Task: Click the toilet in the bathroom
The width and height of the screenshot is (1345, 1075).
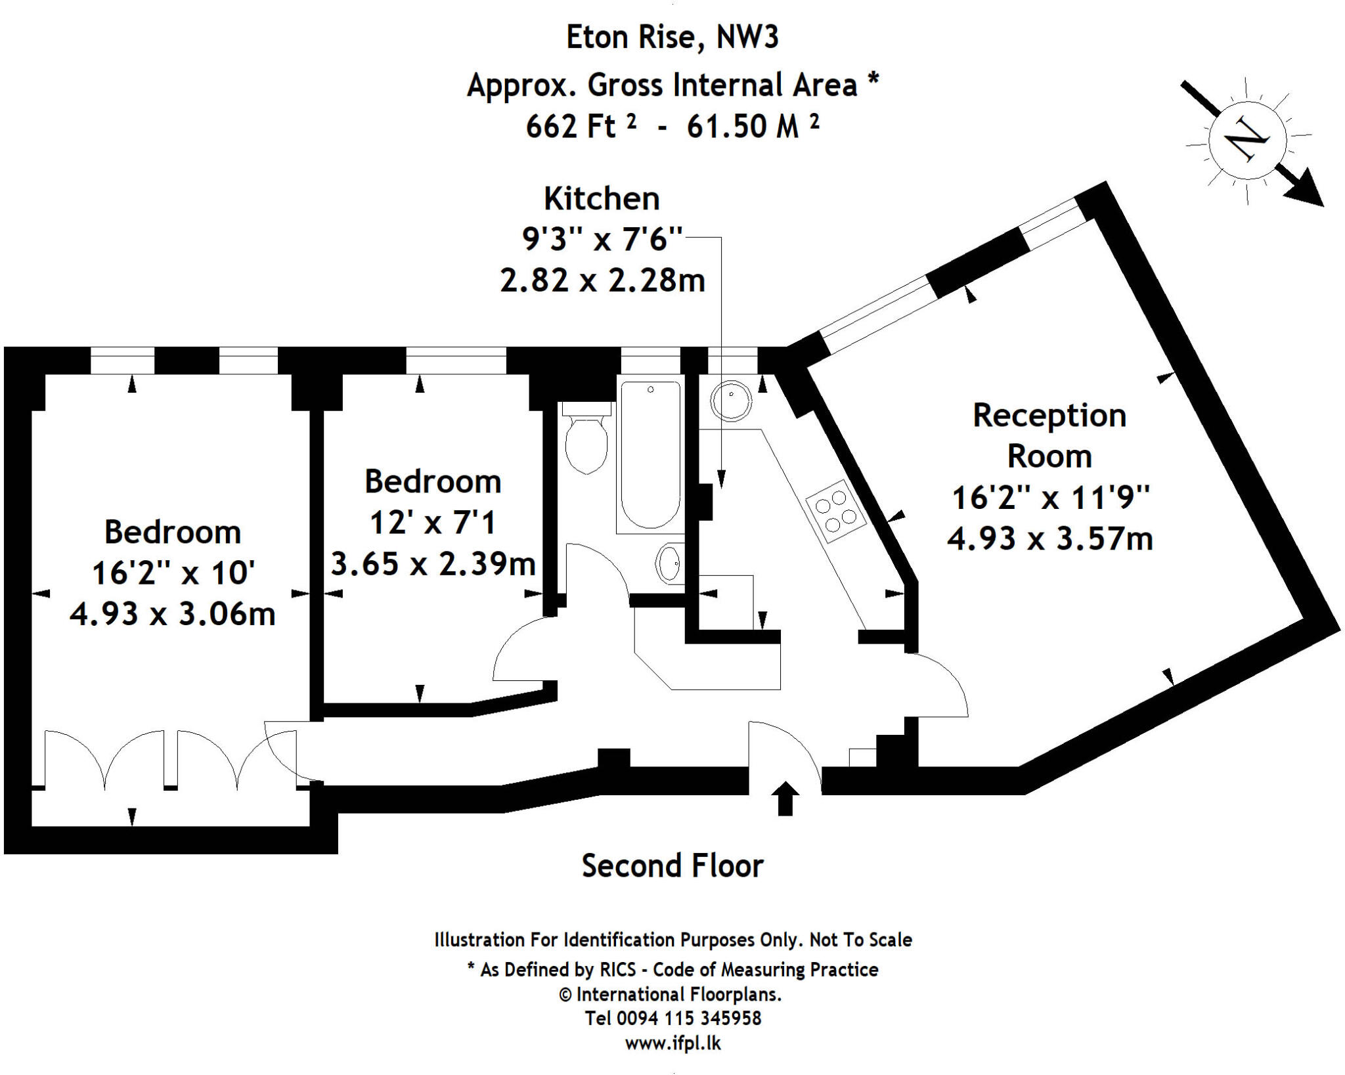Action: pyautogui.click(x=586, y=440)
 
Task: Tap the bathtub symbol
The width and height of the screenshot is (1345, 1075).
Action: pyautogui.click(x=650, y=454)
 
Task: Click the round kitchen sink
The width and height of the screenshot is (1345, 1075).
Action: pyautogui.click(x=730, y=400)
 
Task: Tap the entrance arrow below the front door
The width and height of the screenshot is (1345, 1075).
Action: pyautogui.click(x=785, y=798)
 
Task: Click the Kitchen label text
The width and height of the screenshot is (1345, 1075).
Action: pyautogui.click(x=602, y=199)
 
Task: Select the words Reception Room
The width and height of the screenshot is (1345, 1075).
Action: pyautogui.click(x=1049, y=435)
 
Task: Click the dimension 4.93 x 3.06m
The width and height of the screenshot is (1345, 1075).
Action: pyautogui.click(x=172, y=614)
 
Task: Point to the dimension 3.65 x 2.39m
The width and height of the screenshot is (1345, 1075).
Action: pyautogui.click(x=433, y=563)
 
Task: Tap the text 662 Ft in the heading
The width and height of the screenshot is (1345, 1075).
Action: pyautogui.click(x=571, y=126)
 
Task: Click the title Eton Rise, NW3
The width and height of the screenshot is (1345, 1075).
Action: pyautogui.click(x=672, y=37)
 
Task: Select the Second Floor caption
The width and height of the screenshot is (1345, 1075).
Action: pyautogui.click(x=672, y=866)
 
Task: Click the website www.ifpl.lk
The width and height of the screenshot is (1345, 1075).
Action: pyautogui.click(x=672, y=1043)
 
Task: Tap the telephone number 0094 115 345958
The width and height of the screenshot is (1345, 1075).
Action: pyautogui.click(x=688, y=1018)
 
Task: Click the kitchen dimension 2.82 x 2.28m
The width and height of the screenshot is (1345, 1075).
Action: pyautogui.click(x=602, y=280)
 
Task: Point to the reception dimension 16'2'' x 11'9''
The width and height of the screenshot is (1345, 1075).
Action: pyautogui.click(x=1050, y=498)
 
